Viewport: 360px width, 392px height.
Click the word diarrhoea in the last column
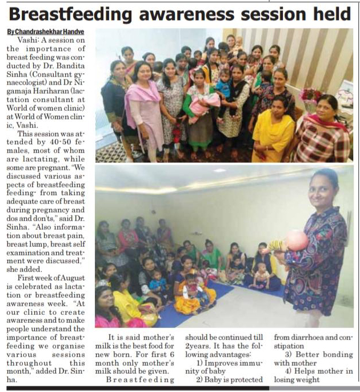click(315, 337)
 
